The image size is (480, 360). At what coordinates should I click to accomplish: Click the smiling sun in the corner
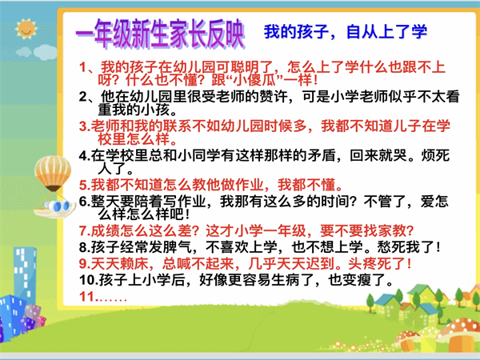(x=26, y=29)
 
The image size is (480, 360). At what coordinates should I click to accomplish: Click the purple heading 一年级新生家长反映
(x=160, y=34)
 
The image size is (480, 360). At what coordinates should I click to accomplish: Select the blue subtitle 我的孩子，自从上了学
(x=346, y=32)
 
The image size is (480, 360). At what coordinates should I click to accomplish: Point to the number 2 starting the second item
(x=83, y=97)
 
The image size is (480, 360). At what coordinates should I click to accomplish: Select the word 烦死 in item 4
(x=435, y=155)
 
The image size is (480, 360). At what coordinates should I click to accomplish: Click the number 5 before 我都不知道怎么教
(x=83, y=185)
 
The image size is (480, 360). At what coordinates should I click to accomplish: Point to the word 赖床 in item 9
(x=134, y=263)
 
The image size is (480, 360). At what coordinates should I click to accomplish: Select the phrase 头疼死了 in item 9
(x=377, y=263)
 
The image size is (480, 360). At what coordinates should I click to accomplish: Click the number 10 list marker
(x=87, y=280)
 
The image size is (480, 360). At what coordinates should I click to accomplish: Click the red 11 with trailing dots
(x=103, y=296)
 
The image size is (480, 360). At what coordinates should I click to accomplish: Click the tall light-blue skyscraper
(x=25, y=275)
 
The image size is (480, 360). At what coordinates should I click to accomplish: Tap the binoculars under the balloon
(x=58, y=206)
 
